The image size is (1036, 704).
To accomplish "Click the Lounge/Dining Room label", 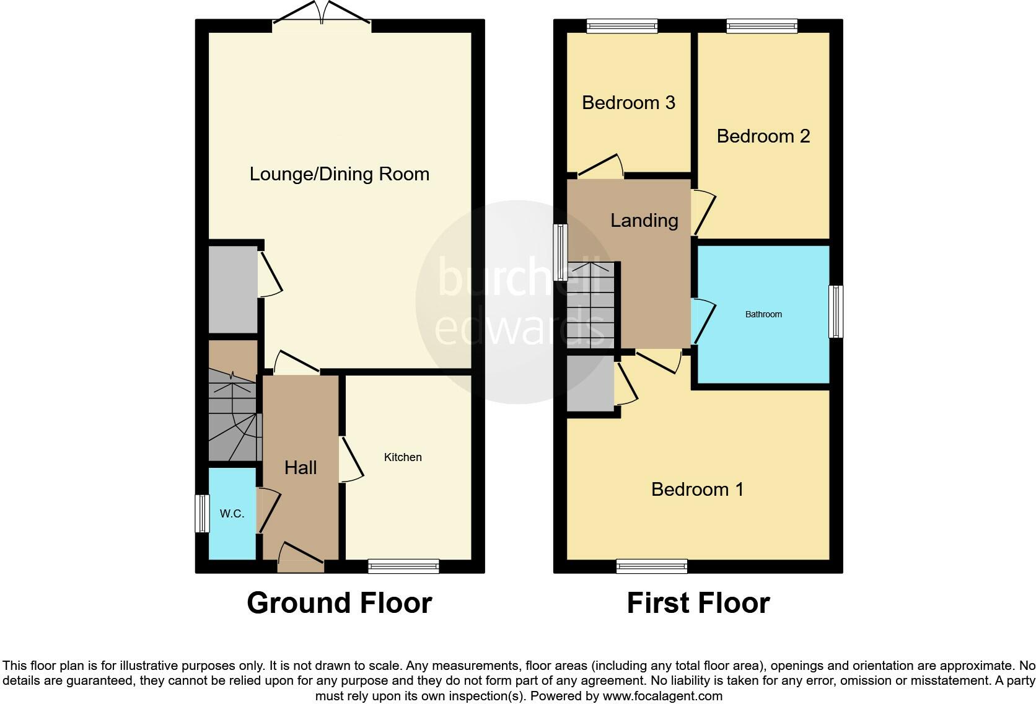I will (x=339, y=174).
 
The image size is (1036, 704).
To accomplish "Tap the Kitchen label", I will (x=403, y=457).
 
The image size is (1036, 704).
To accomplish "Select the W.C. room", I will (x=232, y=514).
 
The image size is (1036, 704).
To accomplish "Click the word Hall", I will (x=301, y=468).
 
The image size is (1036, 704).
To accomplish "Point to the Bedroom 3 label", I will (x=628, y=102).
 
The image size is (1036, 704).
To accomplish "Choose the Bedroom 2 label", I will (x=763, y=136).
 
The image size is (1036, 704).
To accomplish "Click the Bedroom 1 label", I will (x=697, y=490).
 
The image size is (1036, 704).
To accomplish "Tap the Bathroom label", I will (x=763, y=314).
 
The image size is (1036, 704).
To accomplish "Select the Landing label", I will (x=644, y=221).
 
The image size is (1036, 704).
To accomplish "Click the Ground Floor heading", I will (x=339, y=603).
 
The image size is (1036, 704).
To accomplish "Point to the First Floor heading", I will (x=698, y=603).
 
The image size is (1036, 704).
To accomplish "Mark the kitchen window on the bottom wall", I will (x=403, y=565).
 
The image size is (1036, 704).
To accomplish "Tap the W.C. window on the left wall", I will (x=202, y=513).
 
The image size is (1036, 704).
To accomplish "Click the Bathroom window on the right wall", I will (x=836, y=311).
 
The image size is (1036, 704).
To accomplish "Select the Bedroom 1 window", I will (x=652, y=565).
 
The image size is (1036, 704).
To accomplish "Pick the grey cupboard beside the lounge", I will (x=232, y=289).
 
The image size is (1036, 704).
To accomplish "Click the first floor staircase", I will (x=590, y=305).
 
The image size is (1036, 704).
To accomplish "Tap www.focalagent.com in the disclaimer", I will (x=662, y=696).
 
